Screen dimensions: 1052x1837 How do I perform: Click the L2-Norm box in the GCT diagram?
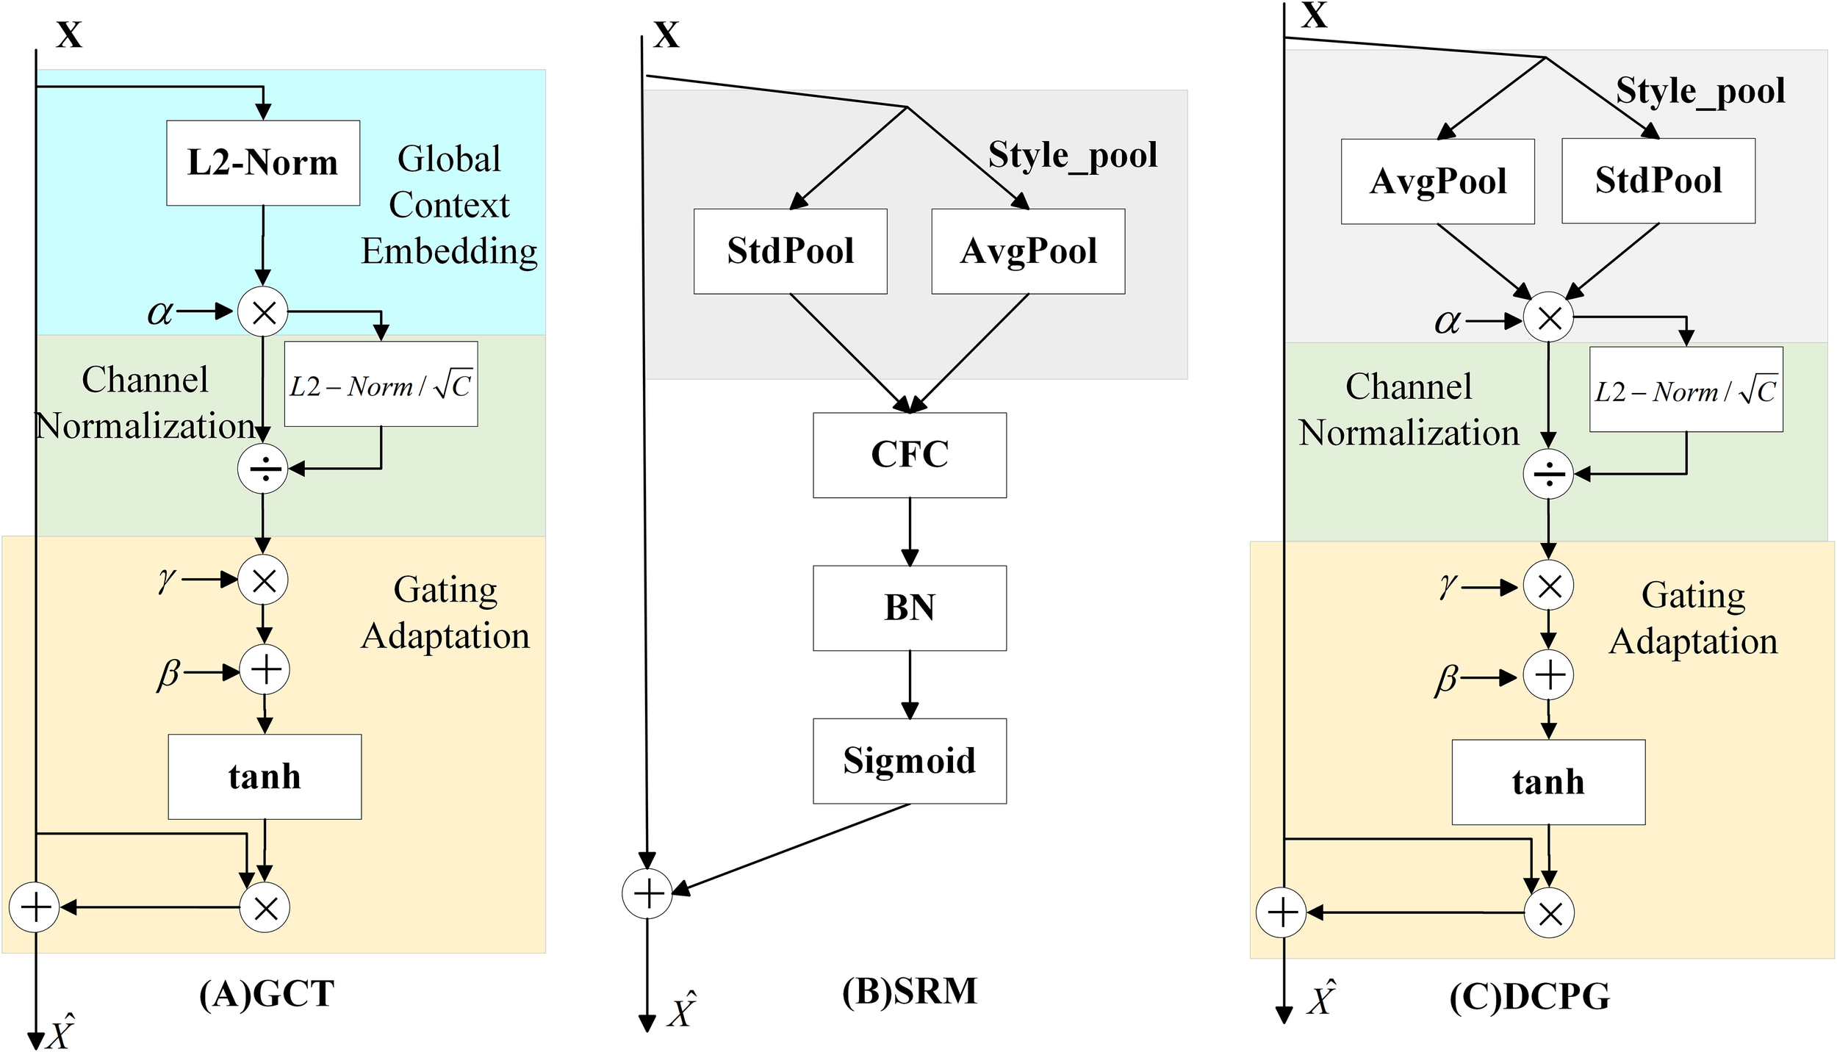click(263, 163)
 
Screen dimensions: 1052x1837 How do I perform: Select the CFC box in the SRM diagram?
click(909, 455)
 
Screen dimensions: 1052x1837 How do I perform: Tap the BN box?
click(909, 608)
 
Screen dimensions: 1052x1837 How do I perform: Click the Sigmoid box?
click(909, 761)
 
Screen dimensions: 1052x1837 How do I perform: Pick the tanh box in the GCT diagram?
click(265, 777)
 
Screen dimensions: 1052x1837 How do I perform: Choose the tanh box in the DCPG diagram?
click(1548, 782)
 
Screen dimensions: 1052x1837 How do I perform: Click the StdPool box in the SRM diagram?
click(790, 251)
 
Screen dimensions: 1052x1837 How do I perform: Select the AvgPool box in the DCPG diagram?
click(1437, 181)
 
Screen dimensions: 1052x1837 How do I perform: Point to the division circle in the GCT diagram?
click(263, 468)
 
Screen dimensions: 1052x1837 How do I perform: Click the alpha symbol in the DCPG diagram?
click(1447, 321)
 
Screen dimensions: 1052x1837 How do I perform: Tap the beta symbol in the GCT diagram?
click(168, 673)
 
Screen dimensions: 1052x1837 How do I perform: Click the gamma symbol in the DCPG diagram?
click(1447, 586)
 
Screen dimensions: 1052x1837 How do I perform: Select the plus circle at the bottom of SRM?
click(647, 893)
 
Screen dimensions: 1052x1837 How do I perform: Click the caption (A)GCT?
click(267, 994)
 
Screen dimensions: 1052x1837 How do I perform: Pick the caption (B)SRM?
click(909, 991)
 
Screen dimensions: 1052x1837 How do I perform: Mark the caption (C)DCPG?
click(1529, 997)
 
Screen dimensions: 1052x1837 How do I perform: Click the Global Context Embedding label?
click(449, 205)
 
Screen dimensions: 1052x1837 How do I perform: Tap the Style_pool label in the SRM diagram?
click(1072, 156)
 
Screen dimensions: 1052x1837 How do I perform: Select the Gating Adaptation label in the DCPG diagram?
click(1693, 618)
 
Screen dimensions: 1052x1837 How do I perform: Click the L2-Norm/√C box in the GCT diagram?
click(381, 384)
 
